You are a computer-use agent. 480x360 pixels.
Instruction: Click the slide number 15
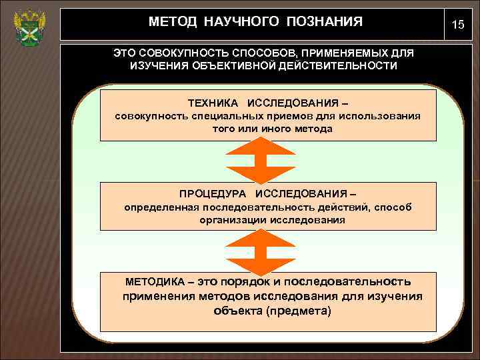point(457,25)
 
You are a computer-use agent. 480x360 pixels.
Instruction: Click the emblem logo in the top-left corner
point(28,27)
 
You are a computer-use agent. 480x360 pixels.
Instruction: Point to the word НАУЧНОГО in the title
point(243,22)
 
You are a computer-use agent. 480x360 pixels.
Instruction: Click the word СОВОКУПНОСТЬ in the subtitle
point(176,53)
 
